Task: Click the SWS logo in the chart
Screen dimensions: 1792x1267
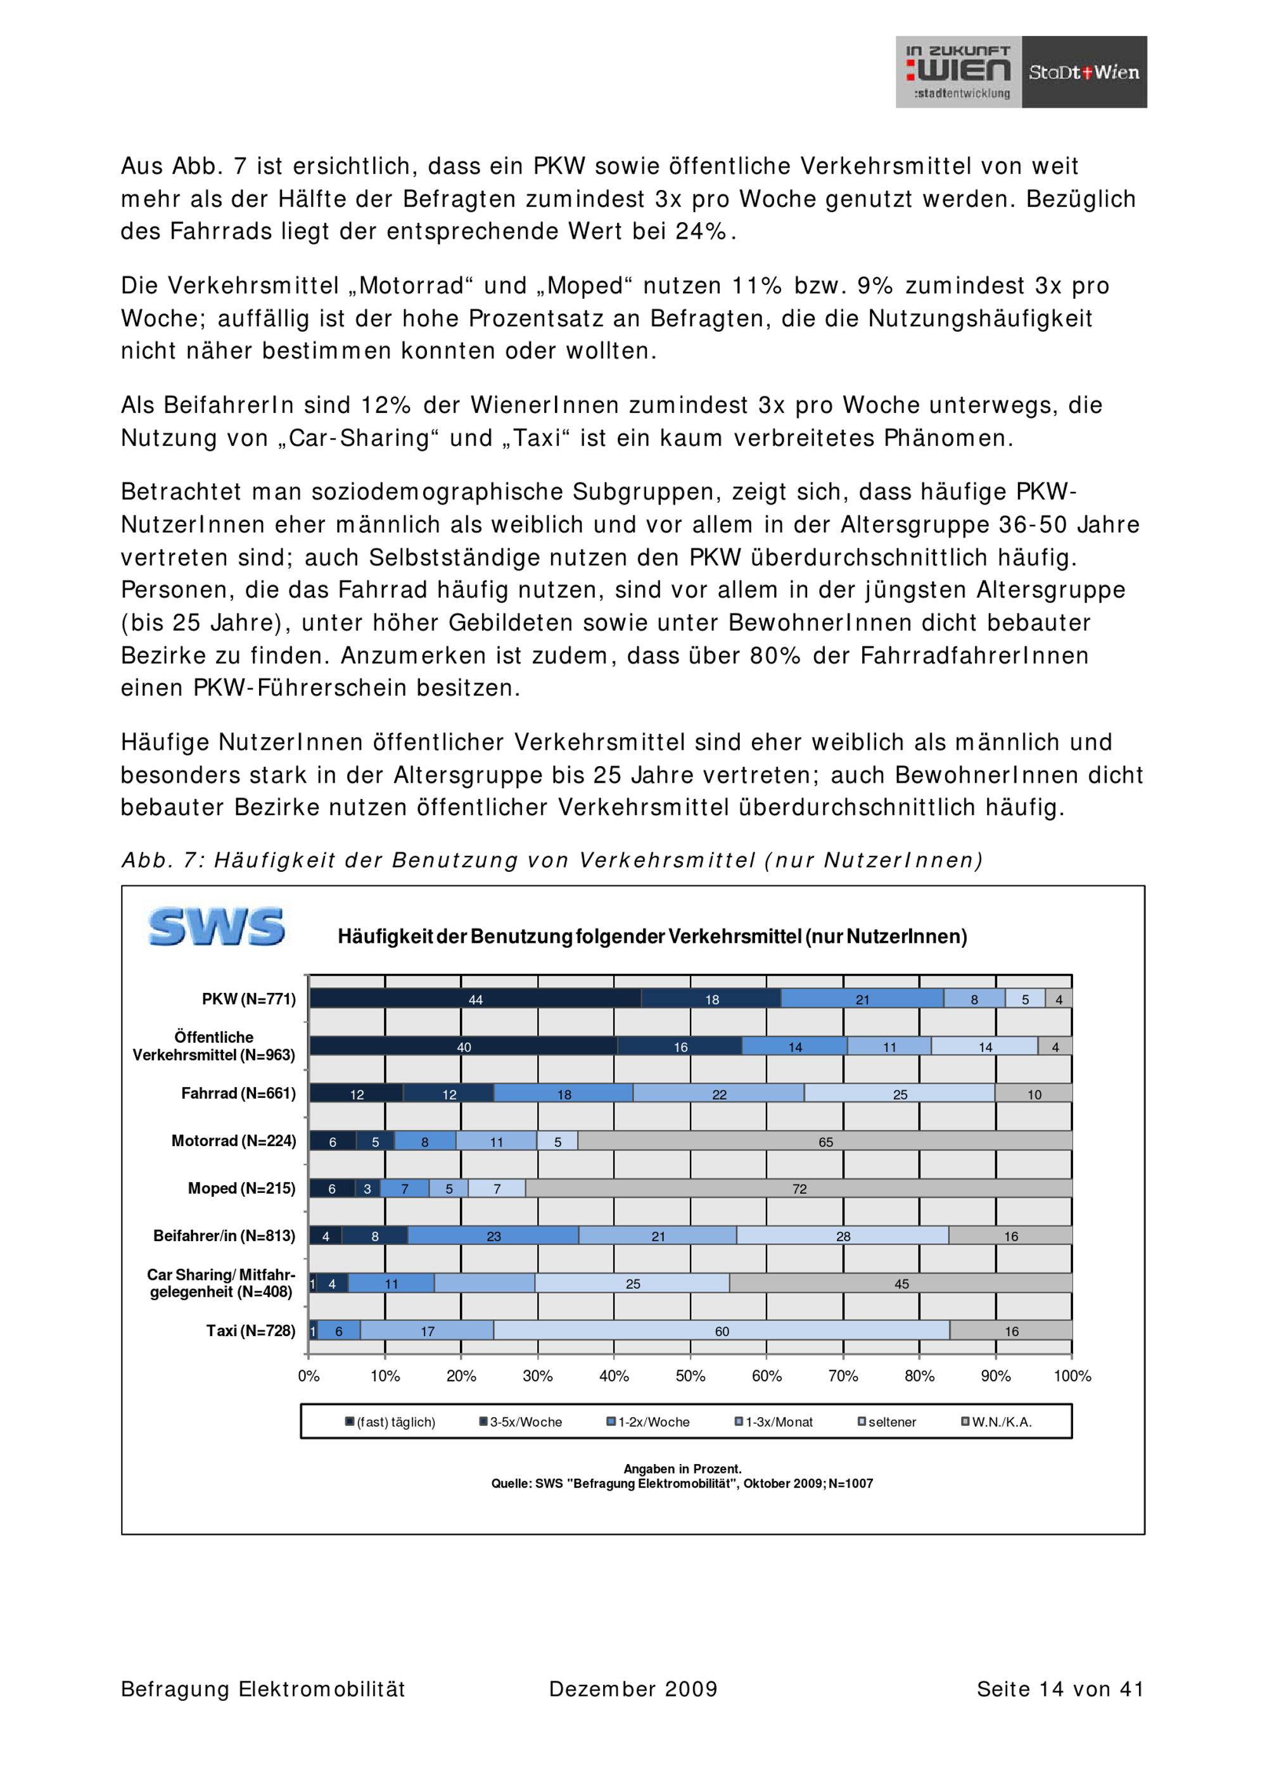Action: (x=216, y=926)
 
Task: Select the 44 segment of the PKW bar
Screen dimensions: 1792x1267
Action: (x=474, y=999)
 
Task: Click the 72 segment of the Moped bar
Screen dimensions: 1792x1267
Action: (x=799, y=1189)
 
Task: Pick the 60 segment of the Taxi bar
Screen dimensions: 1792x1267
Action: (x=722, y=1331)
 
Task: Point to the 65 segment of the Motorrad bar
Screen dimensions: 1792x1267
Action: (x=825, y=1141)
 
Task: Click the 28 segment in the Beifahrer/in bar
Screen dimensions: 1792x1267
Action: (x=843, y=1236)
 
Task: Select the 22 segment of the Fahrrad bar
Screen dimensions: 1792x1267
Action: (x=718, y=1094)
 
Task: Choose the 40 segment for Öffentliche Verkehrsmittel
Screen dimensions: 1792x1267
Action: (x=464, y=1047)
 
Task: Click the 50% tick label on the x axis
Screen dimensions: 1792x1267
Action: (x=690, y=1376)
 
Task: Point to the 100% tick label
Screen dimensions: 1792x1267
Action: (x=1072, y=1376)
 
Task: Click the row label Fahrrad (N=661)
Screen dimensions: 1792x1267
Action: (x=238, y=1094)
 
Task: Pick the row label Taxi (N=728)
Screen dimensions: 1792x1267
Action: (x=251, y=1331)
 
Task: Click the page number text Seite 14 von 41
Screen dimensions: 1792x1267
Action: (x=1059, y=1689)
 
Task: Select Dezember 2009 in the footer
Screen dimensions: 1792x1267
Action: (x=633, y=1689)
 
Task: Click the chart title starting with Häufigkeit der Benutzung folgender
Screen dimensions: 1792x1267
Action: (x=652, y=937)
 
